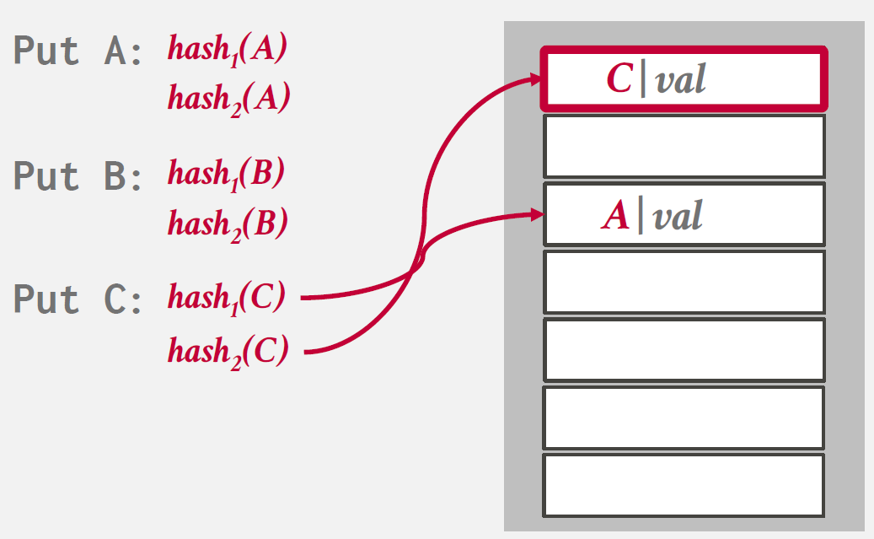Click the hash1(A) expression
tap(228, 48)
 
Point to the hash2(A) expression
tap(228, 99)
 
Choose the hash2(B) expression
tap(228, 224)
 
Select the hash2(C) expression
tap(228, 348)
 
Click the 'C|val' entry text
tap(656, 79)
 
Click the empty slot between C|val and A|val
tap(684, 146)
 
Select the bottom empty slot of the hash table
tap(684, 485)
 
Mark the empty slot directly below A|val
tap(684, 282)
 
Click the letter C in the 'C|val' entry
tap(619, 79)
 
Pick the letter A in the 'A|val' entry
tap(616, 216)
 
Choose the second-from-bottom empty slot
tap(684, 418)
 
